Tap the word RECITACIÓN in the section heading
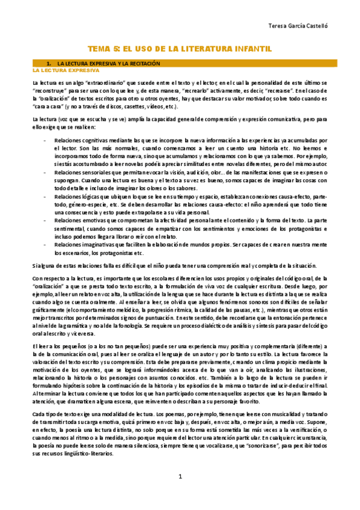143,63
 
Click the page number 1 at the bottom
180,494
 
